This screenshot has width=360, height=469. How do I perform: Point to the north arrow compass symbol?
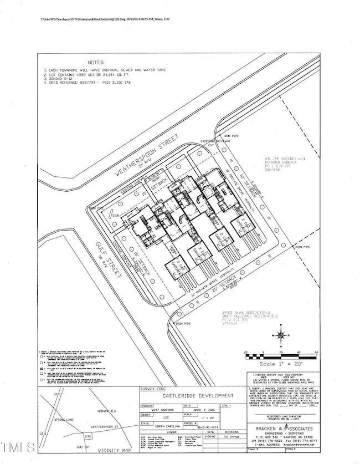click(x=282, y=335)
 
